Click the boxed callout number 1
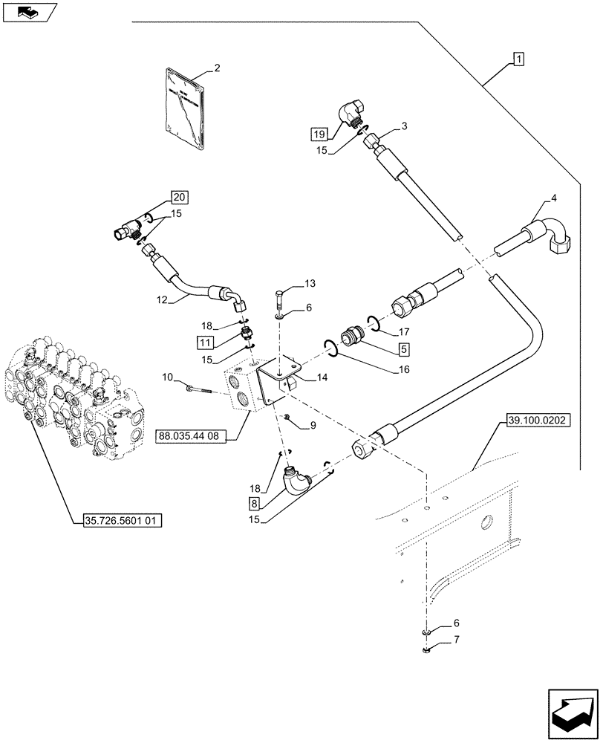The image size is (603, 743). pos(518,59)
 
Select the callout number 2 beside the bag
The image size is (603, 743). pos(217,69)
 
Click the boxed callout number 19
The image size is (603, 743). pos(319,134)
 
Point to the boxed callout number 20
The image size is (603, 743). pos(179,197)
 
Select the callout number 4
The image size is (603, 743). pos(553,198)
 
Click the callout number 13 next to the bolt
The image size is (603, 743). pos(309,283)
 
